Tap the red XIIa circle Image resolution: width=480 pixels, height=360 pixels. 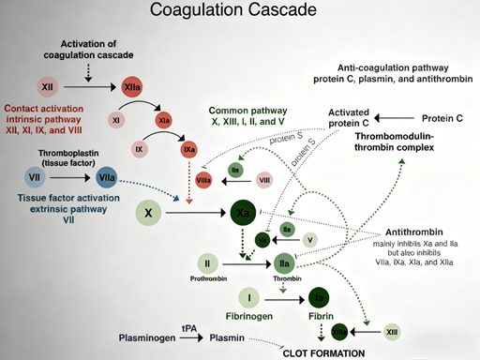coord(130,87)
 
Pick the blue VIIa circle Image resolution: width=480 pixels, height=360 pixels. coord(105,176)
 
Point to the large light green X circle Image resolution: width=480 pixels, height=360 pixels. coord(148,213)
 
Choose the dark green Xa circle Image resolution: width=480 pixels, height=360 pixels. coord(243,213)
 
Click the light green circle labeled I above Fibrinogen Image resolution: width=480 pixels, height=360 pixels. coord(249,299)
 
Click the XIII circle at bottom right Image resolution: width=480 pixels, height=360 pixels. coord(392,332)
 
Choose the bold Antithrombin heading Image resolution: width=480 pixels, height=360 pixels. coord(415,233)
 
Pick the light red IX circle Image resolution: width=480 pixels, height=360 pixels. coord(139,149)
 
